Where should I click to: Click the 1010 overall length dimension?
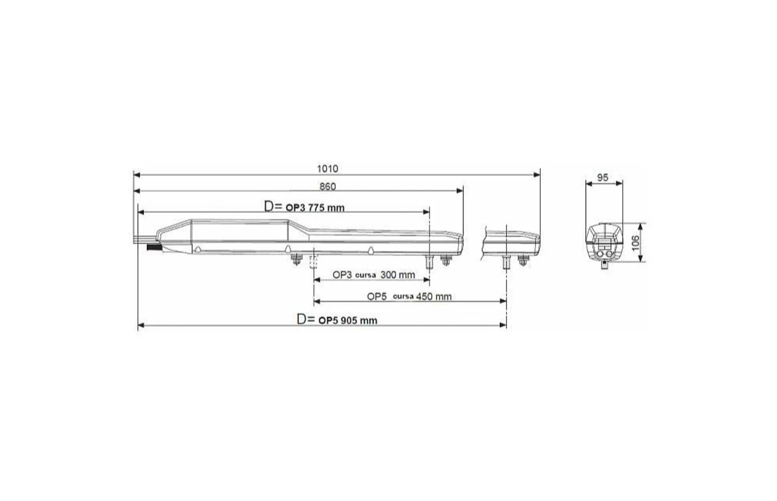click(327, 169)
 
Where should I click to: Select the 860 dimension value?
click(327, 187)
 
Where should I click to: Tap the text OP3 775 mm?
click(315, 208)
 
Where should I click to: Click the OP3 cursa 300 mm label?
click(373, 275)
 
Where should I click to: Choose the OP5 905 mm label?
click(347, 321)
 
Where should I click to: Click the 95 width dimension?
click(603, 178)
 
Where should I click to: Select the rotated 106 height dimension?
click(635, 243)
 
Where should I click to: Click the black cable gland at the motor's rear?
click(153, 248)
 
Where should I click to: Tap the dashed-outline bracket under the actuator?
click(313, 262)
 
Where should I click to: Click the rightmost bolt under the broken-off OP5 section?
click(523, 261)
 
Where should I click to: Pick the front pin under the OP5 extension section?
click(506, 261)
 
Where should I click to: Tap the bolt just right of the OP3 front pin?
click(445, 260)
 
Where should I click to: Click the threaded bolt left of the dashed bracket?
click(296, 260)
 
